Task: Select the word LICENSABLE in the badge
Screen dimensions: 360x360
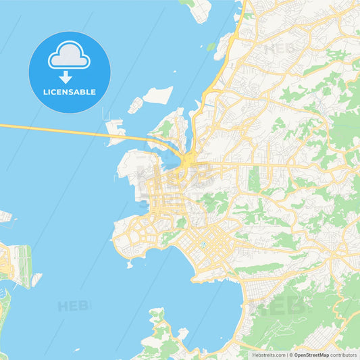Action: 70,91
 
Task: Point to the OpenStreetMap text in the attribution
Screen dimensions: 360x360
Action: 311,355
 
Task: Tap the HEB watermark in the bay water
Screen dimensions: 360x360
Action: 74,306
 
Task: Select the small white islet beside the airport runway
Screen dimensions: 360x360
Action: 36,278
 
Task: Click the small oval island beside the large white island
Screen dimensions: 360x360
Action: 136,105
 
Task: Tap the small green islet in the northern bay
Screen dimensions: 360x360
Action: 211,47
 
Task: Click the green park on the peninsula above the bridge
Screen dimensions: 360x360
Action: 166,129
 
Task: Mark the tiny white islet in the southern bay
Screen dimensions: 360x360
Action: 182,332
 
